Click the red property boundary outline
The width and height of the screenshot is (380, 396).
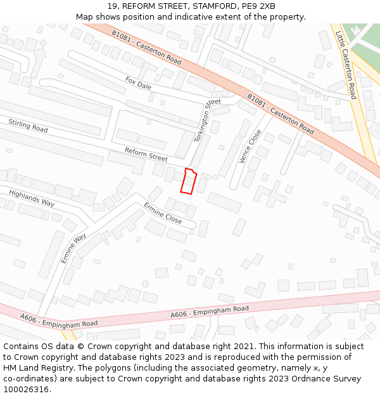[188, 181]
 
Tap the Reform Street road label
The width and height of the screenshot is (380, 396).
[146, 154]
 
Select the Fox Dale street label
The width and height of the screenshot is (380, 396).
[138, 83]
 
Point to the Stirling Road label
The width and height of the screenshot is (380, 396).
[28, 125]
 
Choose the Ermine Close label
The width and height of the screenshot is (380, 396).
[163, 214]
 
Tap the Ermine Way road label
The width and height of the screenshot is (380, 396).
[73, 248]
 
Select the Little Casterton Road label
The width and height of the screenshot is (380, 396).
[346, 65]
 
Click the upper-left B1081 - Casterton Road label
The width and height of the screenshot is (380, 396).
[146, 48]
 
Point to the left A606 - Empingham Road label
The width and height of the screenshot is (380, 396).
[59, 321]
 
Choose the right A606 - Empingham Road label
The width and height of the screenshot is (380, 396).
[210, 312]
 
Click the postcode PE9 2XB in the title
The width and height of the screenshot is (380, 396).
[258, 6]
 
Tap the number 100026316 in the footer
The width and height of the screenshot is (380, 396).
[26, 390]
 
